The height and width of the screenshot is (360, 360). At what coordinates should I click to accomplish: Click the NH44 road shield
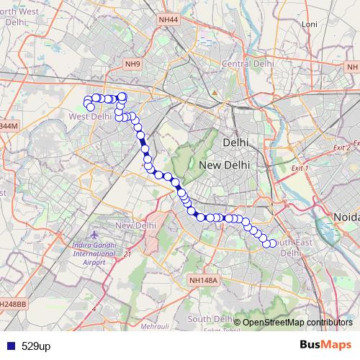170,21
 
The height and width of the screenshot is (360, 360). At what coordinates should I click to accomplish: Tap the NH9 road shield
132,64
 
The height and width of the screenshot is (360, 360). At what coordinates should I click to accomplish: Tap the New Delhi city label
224,165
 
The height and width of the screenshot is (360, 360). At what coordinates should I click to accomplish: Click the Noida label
346,217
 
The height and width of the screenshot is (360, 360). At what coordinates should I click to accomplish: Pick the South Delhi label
209,318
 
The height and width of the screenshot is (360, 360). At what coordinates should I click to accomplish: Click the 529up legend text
36,346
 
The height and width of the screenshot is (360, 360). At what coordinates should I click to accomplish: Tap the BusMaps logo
321,346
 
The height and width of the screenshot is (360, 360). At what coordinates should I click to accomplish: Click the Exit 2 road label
341,147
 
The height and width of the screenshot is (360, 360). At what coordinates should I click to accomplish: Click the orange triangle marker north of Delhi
214,93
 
